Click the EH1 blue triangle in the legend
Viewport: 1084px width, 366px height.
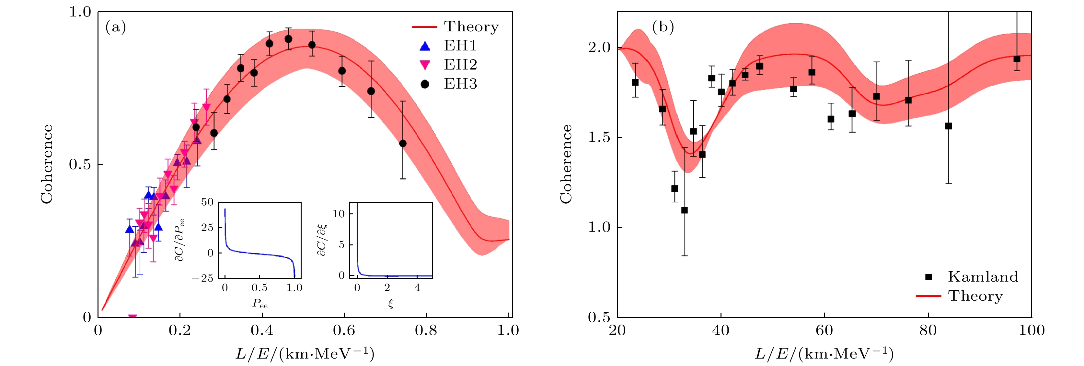pos(425,46)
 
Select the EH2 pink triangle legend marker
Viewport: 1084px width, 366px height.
pos(425,65)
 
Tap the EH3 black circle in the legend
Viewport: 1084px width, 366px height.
pos(425,84)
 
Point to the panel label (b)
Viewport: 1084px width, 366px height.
pos(663,27)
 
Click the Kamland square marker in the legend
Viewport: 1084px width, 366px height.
pos(928,276)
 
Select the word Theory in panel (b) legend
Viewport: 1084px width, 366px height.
pos(975,296)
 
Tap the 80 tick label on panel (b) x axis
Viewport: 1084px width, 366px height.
pos(928,330)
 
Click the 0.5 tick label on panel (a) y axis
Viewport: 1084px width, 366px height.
pos(80,164)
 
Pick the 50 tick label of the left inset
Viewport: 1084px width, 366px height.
pos(207,202)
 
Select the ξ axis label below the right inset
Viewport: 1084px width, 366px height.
pos(391,303)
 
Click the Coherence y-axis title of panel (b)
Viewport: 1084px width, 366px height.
pos(566,164)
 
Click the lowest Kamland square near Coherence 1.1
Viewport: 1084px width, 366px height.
pos(685,210)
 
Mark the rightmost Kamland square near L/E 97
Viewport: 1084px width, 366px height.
pos(1017,59)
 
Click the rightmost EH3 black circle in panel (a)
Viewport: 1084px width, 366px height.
pos(403,143)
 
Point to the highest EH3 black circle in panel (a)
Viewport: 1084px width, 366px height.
pos(288,39)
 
